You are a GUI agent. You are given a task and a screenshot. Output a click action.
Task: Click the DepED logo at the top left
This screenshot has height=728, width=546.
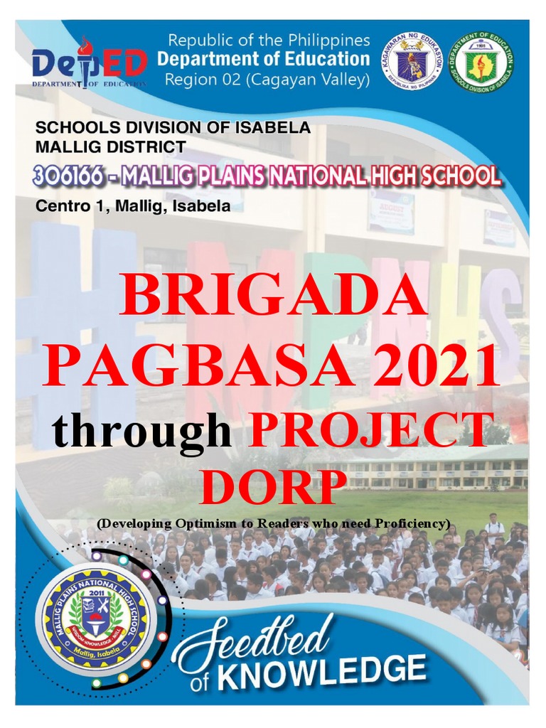[x=88, y=63]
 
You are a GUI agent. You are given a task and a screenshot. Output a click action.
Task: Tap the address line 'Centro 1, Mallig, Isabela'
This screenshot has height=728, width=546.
[x=133, y=207]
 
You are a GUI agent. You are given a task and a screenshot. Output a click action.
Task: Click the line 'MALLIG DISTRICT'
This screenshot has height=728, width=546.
[x=111, y=148]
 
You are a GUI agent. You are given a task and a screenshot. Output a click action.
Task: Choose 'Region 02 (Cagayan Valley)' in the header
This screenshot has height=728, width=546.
[x=267, y=80]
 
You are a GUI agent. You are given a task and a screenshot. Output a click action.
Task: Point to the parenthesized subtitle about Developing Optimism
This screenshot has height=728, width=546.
[x=273, y=523]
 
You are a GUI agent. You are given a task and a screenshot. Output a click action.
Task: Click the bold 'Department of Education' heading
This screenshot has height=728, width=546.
[x=263, y=59]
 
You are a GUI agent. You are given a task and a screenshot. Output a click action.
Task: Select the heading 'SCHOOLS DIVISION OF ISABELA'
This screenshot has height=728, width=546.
[x=173, y=128]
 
